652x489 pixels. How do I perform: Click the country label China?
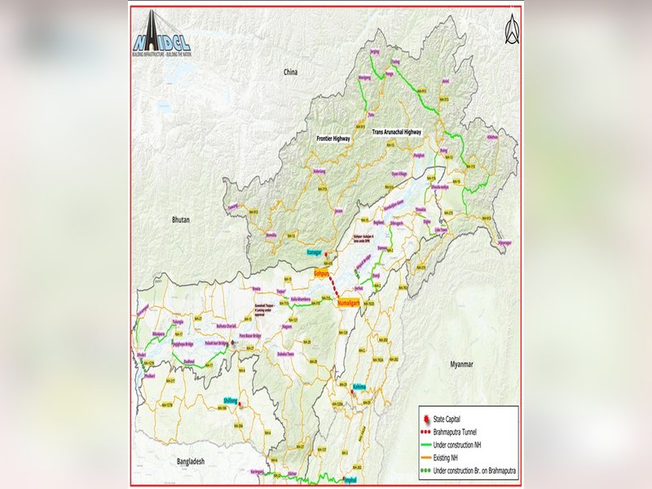coord(290,73)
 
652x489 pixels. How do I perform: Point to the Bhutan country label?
coord(181,219)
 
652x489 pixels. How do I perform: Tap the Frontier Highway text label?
coord(333,139)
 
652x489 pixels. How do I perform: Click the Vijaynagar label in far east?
coord(505,242)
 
